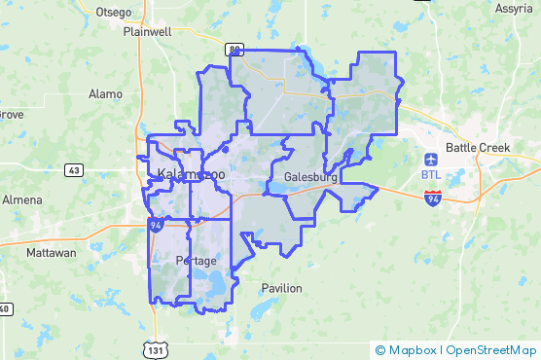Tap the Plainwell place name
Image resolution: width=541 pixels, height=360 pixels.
[x=147, y=31]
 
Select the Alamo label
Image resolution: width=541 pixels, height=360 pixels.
[x=105, y=94]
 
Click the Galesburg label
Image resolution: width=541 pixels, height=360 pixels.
[x=311, y=179]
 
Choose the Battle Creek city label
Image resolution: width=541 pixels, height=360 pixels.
[x=478, y=148]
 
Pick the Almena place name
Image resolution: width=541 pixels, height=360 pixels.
[x=21, y=199]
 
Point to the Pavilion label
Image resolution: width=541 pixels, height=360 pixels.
[x=281, y=288]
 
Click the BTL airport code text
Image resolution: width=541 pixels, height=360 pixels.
[x=432, y=174]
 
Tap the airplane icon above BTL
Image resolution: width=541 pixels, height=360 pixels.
[x=432, y=159]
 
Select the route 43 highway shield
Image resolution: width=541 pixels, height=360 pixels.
[x=74, y=169]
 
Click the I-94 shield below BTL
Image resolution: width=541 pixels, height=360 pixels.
[x=433, y=198]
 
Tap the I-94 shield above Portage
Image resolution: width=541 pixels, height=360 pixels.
[x=156, y=225]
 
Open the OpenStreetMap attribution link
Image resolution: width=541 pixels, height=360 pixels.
[x=490, y=349]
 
